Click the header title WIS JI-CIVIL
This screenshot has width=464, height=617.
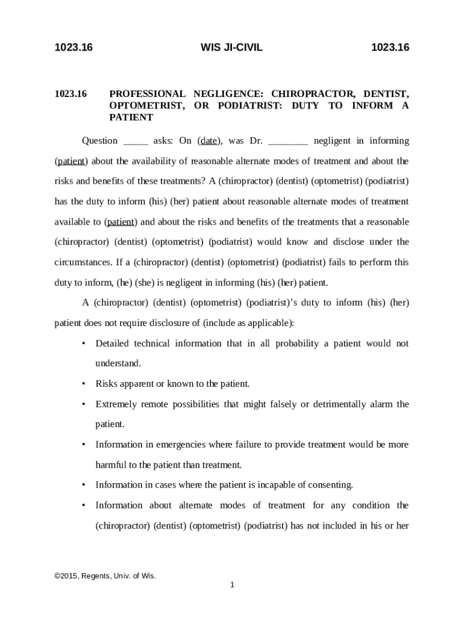231,47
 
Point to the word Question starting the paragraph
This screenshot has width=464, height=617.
99,141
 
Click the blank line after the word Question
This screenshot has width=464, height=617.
136,142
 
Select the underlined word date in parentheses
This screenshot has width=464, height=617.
208,141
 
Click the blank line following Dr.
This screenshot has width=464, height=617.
288,142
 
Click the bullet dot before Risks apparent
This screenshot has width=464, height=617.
83,384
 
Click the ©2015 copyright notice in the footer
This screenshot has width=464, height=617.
105,576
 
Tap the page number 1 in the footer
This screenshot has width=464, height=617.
231,584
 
